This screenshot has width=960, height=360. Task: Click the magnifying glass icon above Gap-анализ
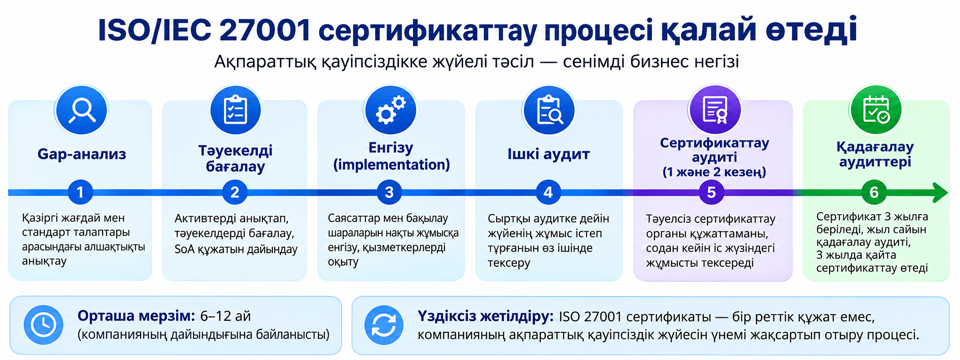pos(82,111)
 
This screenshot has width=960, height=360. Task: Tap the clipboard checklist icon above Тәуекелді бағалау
pos(235,111)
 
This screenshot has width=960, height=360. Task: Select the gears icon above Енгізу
pos(390,111)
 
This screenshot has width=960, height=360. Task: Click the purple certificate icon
pos(714,111)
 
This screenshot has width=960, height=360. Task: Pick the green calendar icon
pos(875,111)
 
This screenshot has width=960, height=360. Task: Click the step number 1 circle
pos(80,192)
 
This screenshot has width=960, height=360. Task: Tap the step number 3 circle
pos(389,192)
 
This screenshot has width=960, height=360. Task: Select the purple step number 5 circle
pos(711,192)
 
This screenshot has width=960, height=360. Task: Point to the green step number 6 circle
pos(874,192)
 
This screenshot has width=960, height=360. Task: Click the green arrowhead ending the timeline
pos(940,193)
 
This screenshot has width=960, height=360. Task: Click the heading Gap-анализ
pos(82,154)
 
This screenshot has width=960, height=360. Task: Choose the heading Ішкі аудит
pos(548,154)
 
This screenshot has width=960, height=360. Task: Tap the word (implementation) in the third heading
pos(391,165)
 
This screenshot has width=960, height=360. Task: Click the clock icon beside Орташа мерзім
pos(43,325)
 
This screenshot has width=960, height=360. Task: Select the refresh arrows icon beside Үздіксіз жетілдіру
pos(384,325)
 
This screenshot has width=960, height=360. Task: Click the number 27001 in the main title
pos(265,30)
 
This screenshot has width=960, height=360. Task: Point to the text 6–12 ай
pos(225,316)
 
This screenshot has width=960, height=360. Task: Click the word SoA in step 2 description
pos(184,249)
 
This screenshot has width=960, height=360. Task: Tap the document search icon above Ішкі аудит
pos(548,111)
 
